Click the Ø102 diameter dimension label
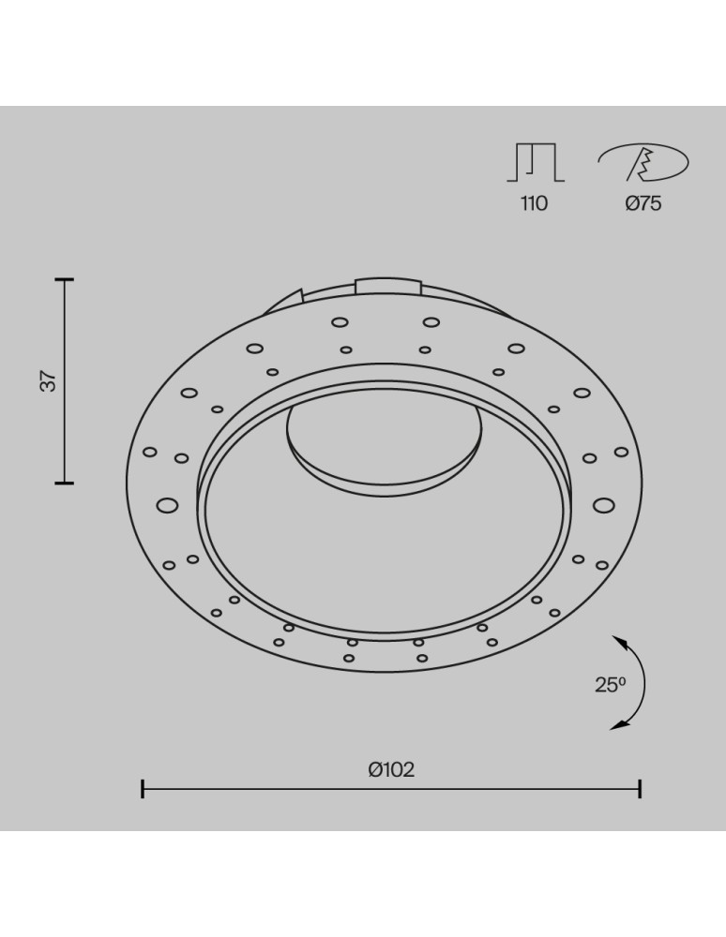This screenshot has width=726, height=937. pyautogui.click(x=391, y=770)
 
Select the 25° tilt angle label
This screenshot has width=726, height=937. pyautogui.click(x=609, y=685)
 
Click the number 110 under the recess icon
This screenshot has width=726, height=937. pyautogui.click(x=534, y=203)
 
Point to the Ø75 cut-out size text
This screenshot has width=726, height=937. pyautogui.click(x=643, y=203)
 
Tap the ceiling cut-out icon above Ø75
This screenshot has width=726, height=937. pyautogui.click(x=643, y=163)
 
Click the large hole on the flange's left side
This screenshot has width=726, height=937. pyautogui.click(x=167, y=506)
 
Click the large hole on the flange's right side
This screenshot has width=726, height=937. pyautogui.click(x=603, y=506)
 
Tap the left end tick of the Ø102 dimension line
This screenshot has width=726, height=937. pyautogui.click(x=143, y=788)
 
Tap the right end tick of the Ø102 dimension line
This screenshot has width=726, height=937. pyautogui.click(x=640, y=788)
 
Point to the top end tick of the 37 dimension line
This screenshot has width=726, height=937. pyautogui.click(x=64, y=279)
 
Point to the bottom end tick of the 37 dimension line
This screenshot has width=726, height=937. pyautogui.click(x=64, y=483)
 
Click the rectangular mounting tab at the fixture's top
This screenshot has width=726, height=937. pyautogui.click(x=387, y=284)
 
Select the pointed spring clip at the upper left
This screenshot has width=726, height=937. pyautogui.click(x=285, y=300)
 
